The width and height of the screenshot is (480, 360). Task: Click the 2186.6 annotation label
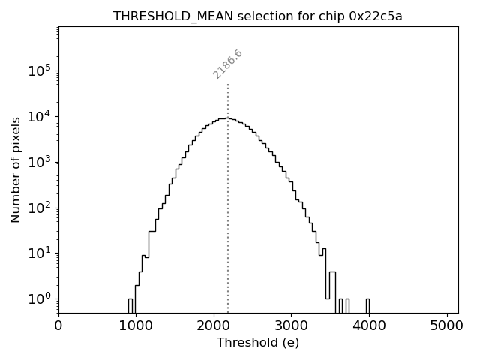(228, 64)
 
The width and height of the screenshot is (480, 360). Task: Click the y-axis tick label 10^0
(40, 299)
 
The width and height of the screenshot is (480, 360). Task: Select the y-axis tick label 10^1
(40, 253)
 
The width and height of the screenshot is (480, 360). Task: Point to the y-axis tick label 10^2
(40, 208)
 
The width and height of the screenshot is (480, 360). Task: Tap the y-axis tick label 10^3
(40, 162)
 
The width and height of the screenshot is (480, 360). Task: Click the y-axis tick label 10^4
(40, 116)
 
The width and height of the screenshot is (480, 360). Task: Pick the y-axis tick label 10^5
(40, 70)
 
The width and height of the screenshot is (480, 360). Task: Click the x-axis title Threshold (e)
(258, 343)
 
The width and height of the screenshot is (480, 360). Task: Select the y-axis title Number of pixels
(16, 169)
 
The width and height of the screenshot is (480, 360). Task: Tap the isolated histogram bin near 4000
(367, 305)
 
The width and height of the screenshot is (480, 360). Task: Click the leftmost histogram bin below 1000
(130, 305)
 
